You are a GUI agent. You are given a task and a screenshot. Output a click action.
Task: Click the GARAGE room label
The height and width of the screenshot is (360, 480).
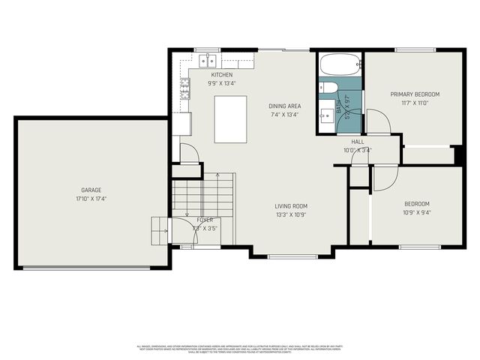pyautogui.click(x=91, y=190)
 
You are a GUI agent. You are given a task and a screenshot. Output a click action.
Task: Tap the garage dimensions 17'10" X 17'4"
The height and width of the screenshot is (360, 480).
pyautogui.click(x=91, y=199)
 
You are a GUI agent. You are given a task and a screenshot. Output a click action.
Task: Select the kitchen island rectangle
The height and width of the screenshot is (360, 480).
pyautogui.click(x=231, y=119)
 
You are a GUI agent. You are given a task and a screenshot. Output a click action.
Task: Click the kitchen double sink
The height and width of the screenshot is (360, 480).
pyautogui.click(x=207, y=59)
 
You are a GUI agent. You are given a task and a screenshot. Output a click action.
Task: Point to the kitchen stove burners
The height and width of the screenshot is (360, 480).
pyautogui.click(x=184, y=90)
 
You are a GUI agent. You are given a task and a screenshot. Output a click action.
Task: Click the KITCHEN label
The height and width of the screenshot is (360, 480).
pyautogui.click(x=222, y=75)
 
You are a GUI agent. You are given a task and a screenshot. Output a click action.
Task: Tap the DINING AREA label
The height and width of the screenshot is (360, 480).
pyautogui.click(x=284, y=106)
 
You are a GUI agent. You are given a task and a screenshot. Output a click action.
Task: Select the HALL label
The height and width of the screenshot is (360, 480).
pyautogui.click(x=358, y=142)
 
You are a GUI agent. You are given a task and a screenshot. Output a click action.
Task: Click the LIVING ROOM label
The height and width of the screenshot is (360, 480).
pyautogui.click(x=290, y=206)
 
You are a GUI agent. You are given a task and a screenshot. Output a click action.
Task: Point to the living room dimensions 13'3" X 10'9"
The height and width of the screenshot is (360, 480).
pyautogui.click(x=290, y=215)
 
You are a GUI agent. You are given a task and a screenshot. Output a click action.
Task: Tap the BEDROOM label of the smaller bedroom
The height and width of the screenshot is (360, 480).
pyautogui.click(x=417, y=204)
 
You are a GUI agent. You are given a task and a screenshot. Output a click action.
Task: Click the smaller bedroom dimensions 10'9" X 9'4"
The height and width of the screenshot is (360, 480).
pyautogui.click(x=417, y=213)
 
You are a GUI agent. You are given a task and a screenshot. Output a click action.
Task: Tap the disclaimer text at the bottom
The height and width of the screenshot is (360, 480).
pyautogui.click(x=240, y=348)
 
